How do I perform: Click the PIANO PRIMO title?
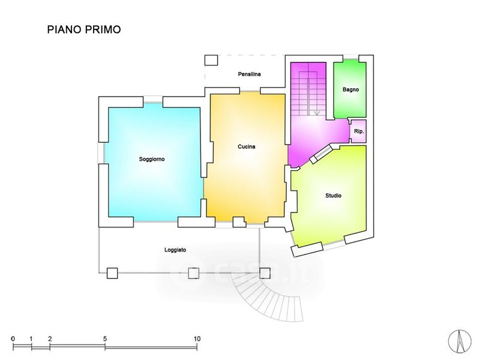tap(84, 29)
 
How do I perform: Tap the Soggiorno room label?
tap(152, 159)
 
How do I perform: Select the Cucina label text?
tap(247, 146)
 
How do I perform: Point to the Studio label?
tap(334, 196)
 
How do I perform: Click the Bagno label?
tap(350, 89)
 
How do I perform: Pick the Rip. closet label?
tap(359, 131)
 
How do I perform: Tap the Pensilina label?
tap(250, 74)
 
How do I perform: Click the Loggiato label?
tap(175, 250)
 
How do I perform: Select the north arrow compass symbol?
tap(460, 341)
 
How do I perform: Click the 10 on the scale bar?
tap(197, 338)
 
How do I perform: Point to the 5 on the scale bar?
tap(105, 338)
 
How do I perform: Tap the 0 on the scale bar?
tap(13, 338)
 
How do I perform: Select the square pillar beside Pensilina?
tap(211, 61)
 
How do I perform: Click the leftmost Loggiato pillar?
tap(112, 273)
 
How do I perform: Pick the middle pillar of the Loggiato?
tap(193, 273)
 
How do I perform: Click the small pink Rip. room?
tap(358, 131)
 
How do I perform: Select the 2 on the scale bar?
tap(50, 338)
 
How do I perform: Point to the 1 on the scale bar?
tap(31, 338)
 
